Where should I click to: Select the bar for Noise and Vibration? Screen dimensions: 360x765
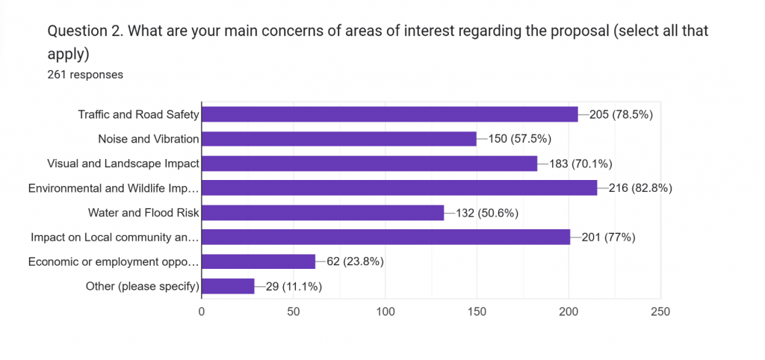point(339,139)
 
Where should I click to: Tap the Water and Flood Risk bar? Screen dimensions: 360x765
point(323,213)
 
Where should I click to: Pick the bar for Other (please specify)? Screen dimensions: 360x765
point(228,286)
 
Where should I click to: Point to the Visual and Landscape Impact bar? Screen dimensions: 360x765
point(370,164)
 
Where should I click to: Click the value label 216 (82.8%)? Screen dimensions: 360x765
point(641,188)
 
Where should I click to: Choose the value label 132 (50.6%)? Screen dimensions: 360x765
point(486,213)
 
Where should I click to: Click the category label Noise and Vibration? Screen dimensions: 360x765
point(149,139)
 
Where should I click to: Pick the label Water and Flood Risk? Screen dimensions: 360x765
point(143,213)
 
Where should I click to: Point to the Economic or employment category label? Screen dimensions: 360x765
point(114,261)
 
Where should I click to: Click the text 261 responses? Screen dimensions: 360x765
point(85,74)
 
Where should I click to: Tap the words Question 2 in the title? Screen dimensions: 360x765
point(82,31)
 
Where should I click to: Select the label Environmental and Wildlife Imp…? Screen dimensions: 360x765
point(114,188)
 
